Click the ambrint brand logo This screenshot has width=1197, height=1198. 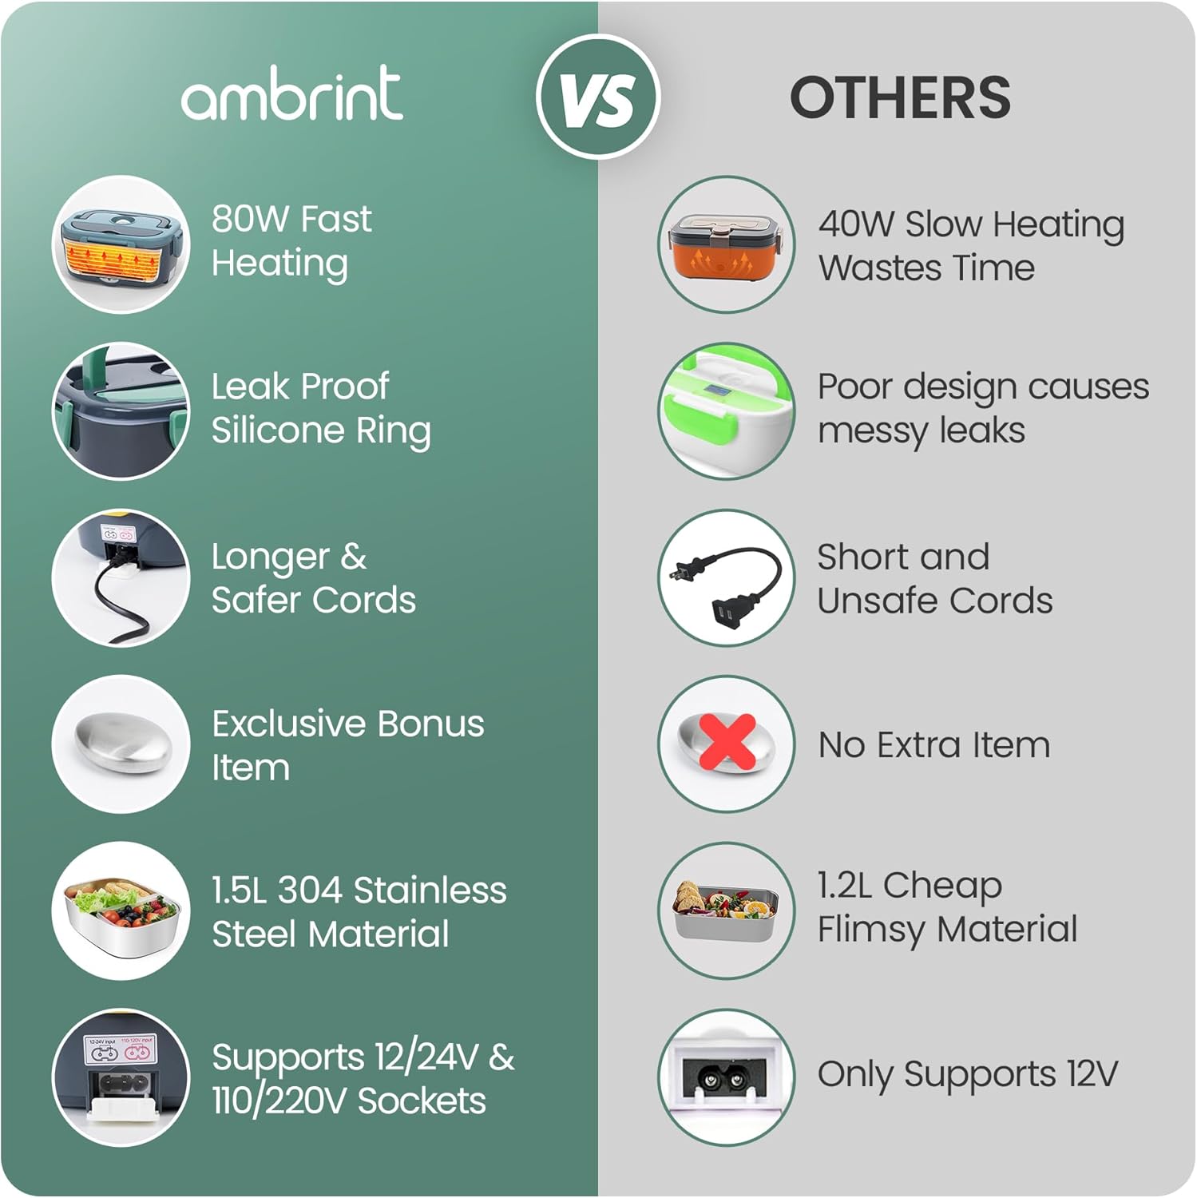click(291, 93)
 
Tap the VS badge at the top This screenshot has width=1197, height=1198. click(598, 97)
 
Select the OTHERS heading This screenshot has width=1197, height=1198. click(900, 97)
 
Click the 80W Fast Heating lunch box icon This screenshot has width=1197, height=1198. click(121, 244)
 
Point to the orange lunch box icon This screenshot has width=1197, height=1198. click(727, 244)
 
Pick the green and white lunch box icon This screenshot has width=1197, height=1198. click(727, 411)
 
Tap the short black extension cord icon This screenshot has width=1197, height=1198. click(727, 577)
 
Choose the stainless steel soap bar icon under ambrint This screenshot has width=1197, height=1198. click(121, 744)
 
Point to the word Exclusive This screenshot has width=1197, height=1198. click(289, 724)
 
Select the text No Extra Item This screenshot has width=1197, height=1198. click(934, 745)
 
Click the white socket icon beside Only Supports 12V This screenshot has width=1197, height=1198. click(727, 1077)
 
